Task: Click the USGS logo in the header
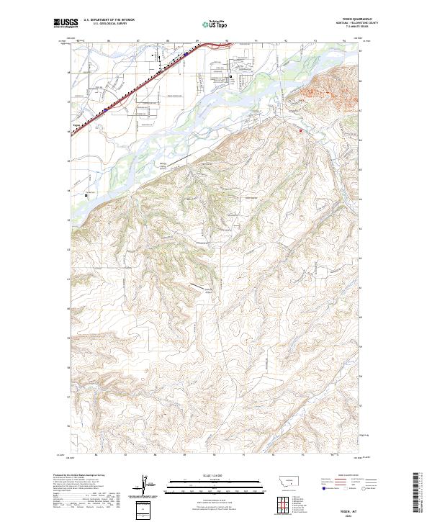coord(66,23)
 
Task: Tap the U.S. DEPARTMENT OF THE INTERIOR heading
coord(109,19)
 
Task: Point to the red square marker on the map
coord(301,130)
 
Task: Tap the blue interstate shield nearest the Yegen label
coord(105,109)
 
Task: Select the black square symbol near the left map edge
coord(86,195)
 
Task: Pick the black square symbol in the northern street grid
coord(230,76)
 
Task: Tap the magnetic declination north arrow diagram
coord(144,485)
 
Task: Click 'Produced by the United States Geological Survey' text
coord(79,476)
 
